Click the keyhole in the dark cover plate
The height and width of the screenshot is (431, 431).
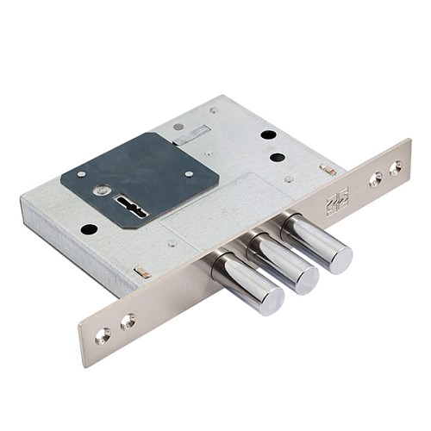tap(132, 208)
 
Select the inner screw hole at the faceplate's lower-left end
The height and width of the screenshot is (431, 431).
tap(127, 322)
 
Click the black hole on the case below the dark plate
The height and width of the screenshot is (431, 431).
tap(89, 229)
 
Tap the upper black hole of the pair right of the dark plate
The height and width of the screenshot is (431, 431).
tap(268, 135)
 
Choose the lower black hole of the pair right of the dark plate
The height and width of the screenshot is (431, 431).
tap(277, 158)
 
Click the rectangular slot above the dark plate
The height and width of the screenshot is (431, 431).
tap(192, 134)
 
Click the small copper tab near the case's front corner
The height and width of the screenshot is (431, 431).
tap(142, 272)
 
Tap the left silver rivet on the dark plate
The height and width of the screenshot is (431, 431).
tap(81, 173)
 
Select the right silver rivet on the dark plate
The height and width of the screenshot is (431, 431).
tap(189, 173)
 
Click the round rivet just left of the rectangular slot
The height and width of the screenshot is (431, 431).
tap(178, 127)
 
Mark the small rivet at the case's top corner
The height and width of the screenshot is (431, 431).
tap(213, 109)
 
